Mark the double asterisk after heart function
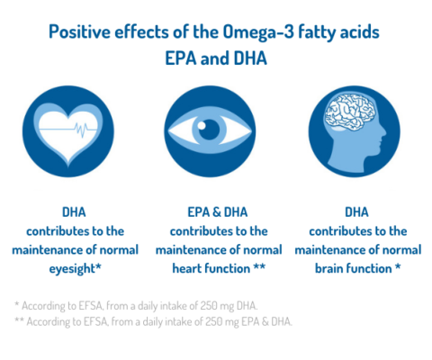[x=261, y=266]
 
